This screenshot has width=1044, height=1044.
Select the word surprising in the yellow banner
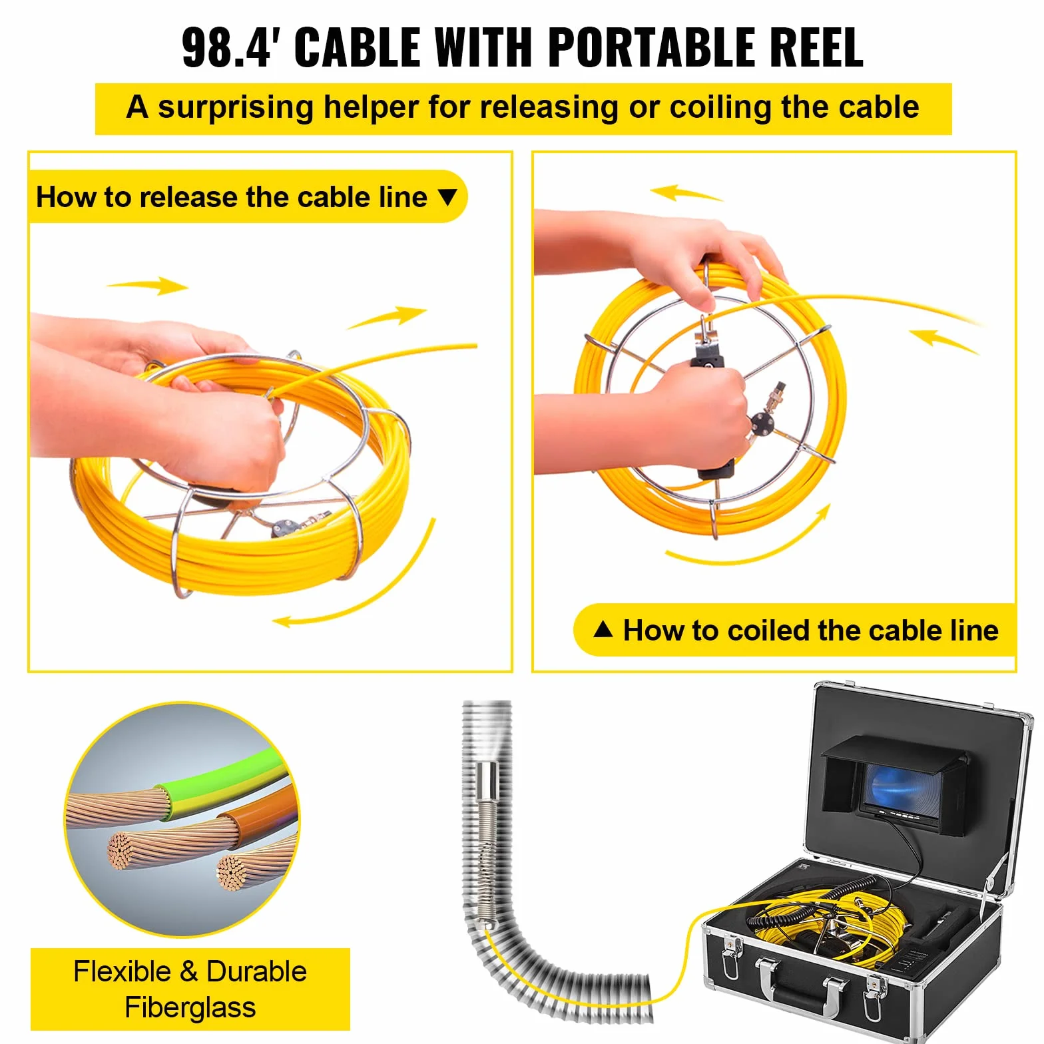[235, 108]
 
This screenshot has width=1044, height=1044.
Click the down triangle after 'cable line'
[448, 197]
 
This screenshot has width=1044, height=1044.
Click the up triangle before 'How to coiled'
[603, 629]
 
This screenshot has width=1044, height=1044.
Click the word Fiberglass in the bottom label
[190, 1007]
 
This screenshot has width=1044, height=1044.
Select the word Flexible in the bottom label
[123, 971]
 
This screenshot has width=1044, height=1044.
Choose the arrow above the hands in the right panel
[686, 193]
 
